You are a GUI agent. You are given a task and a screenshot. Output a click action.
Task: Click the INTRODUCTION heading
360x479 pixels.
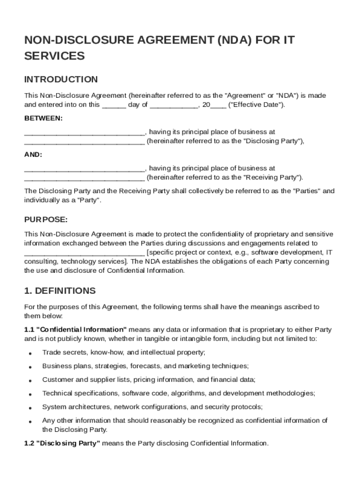(x=61, y=79)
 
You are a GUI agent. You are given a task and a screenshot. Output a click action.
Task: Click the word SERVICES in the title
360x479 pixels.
(x=54, y=56)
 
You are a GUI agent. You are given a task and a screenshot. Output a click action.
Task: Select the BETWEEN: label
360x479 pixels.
(x=43, y=118)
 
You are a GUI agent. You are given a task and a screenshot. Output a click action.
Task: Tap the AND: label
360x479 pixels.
(x=33, y=154)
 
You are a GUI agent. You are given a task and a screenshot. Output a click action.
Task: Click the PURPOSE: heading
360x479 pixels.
(x=46, y=219)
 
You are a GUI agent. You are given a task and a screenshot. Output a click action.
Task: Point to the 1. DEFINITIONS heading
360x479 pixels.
(x=60, y=291)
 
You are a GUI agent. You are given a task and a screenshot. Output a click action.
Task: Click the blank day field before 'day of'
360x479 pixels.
(x=114, y=105)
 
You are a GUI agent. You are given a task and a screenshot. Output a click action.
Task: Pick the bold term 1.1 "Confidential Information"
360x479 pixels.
(x=75, y=329)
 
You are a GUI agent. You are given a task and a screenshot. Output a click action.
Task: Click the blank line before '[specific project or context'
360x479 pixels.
(x=84, y=253)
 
